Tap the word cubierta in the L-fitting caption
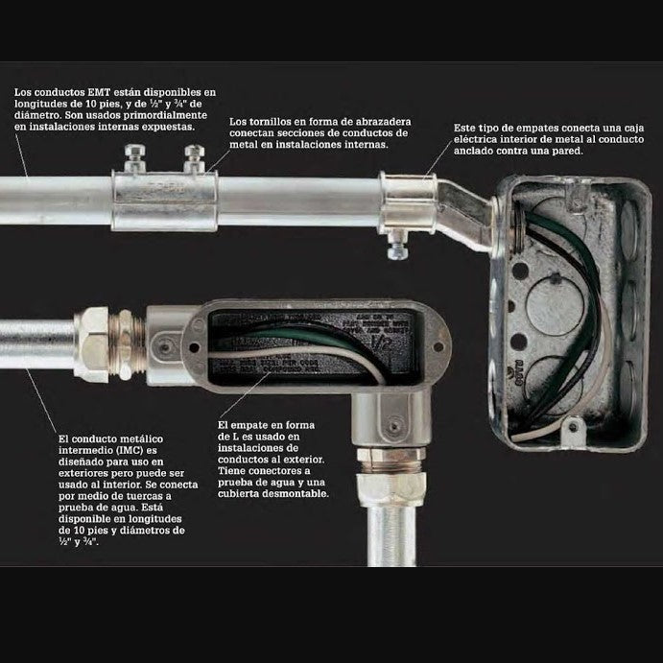point(244,494)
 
